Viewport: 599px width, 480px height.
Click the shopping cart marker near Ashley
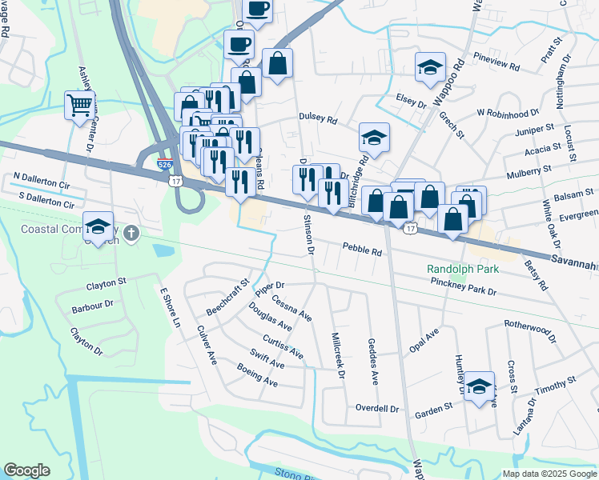[x=79, y=105]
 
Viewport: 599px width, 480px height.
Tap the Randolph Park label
[x=462, y=270]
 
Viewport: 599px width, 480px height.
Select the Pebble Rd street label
[x=362, y=250]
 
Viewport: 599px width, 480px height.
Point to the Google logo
[x=26, y=470]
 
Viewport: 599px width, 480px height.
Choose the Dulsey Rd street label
[x=318, y=118]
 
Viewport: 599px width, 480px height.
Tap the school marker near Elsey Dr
[x=430, y=68]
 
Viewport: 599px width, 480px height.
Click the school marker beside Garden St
[x=479, y=386]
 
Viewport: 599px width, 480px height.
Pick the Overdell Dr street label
[x=377, y=409]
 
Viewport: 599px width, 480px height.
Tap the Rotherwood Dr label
[x=530, y=330]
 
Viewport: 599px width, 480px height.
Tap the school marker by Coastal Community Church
[x=98, y=227]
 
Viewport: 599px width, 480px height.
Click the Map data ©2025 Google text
[x=549, y=474]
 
